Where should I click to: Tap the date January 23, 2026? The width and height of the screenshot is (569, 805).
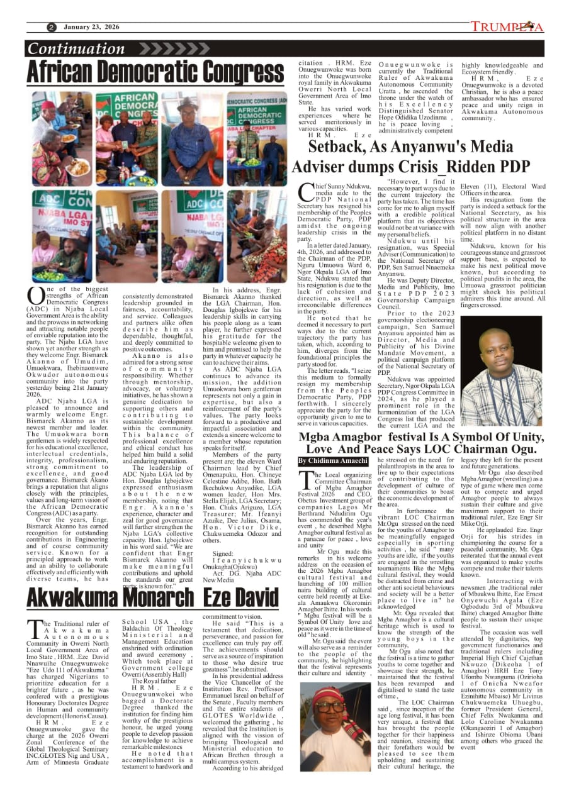coord(91,27)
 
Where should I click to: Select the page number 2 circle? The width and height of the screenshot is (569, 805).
coord(52,28)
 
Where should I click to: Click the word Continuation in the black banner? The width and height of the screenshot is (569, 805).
coord(76,49)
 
